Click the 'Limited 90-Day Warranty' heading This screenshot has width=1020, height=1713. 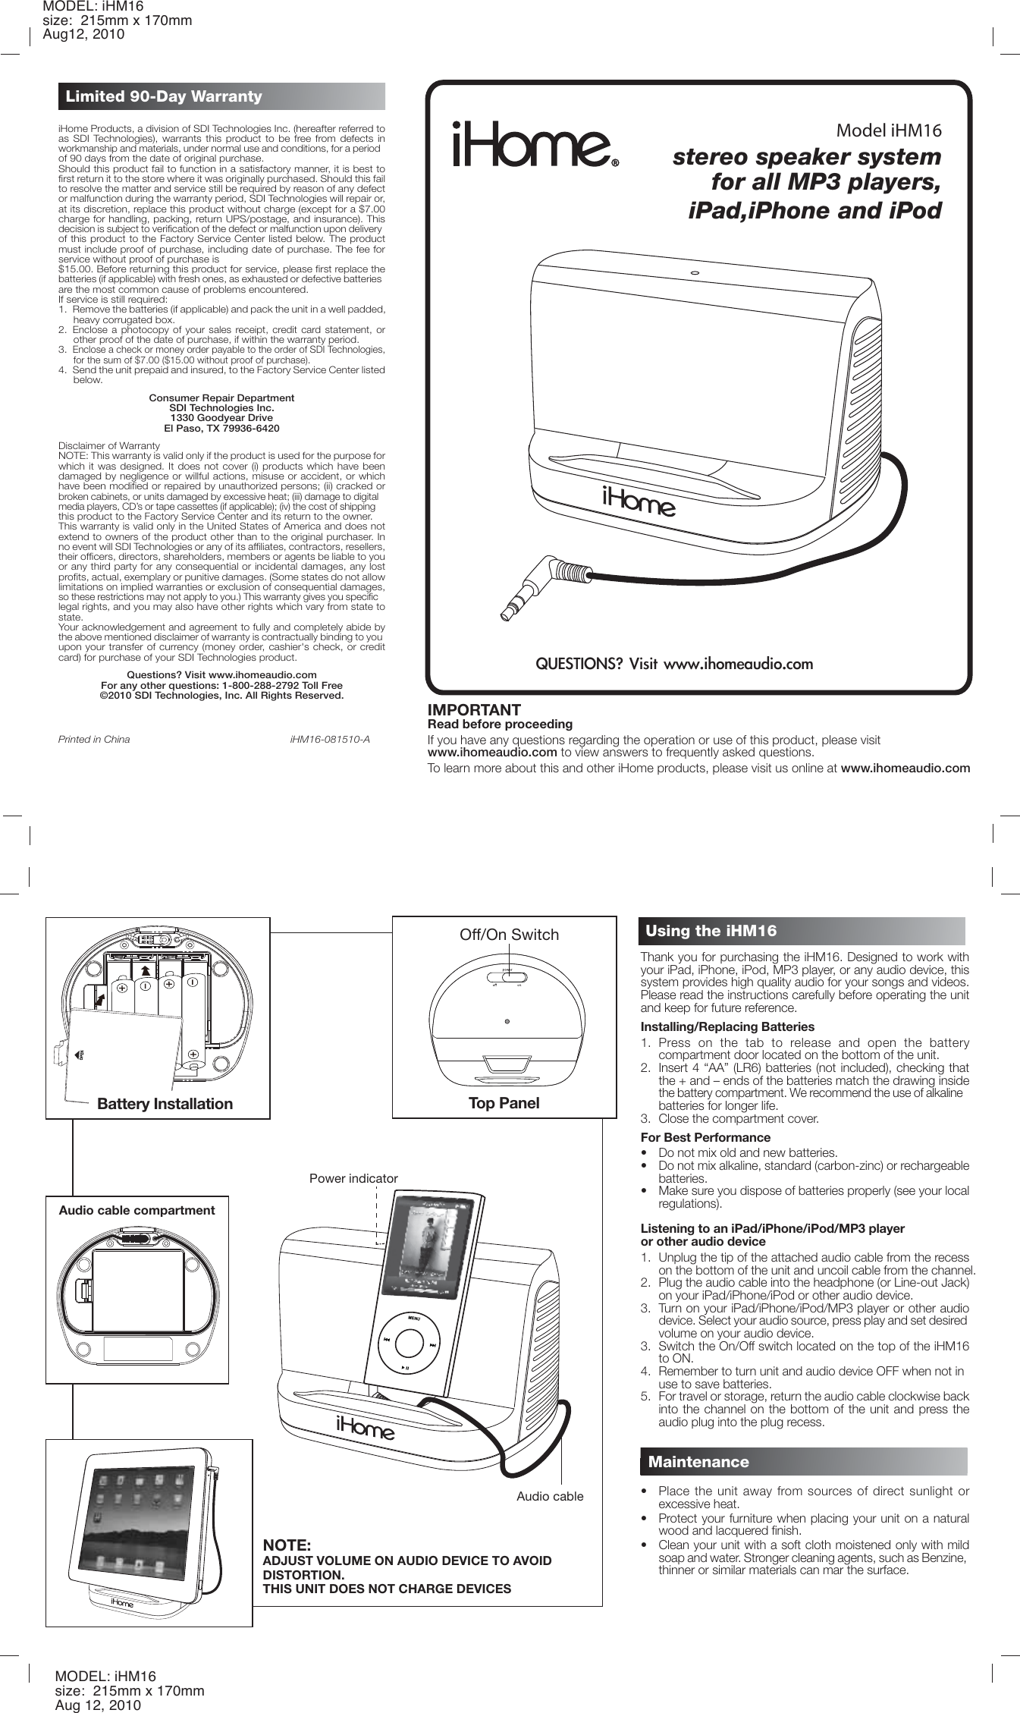click(x=164, y=96)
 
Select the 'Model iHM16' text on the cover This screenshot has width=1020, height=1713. click(x=888, y=130)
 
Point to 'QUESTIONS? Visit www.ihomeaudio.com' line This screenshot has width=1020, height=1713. click(x=674, y=664)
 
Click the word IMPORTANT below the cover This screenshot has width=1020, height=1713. click(x=474, y=710)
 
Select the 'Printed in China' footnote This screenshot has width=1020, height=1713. click(x=94, y=739)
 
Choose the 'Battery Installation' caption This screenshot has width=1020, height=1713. click(x=165, y=1104)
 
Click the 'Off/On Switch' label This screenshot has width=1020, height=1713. click(x=509, y=935)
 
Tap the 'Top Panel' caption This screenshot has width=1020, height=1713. click(x=504, y=1103)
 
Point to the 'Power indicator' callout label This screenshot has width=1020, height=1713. click(x=353, y=1178)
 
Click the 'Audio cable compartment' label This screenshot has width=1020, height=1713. click(x=137, y=1210)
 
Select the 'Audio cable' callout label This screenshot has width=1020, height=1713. click(x=550, y=1496)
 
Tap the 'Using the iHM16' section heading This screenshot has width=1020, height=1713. click(x=711, y=931)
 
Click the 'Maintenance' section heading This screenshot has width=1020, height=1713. click(x=698, y=1462)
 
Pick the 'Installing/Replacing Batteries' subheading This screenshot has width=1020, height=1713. click(x=717, y=1026)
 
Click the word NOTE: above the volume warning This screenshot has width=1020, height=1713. click(x=287, y=1545)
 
